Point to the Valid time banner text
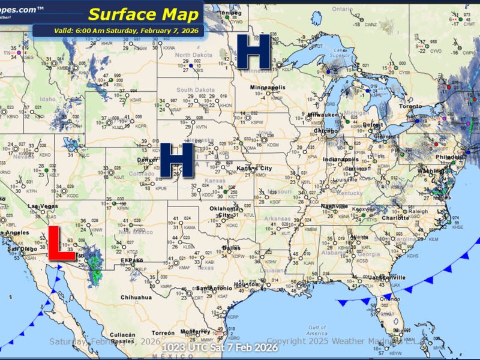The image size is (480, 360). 118,31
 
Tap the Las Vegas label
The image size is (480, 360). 43,207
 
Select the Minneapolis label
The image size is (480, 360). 269,88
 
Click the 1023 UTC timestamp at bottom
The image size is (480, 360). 220,347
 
